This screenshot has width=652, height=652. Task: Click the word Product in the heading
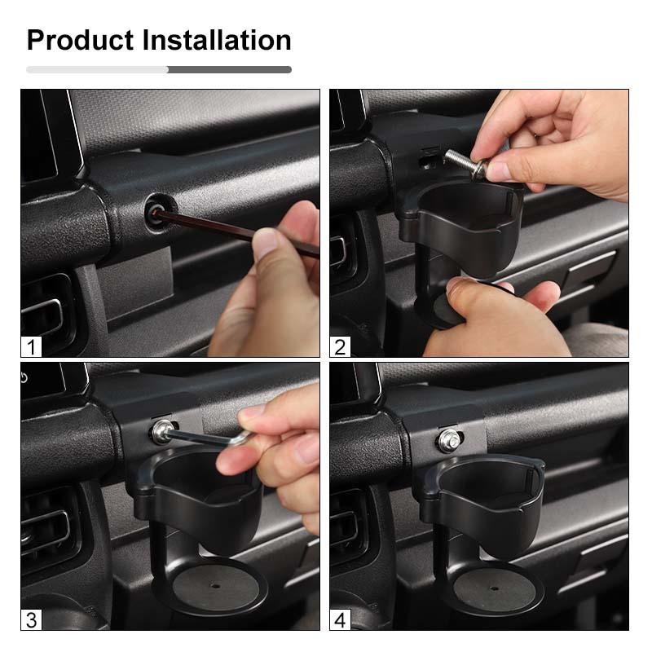81,40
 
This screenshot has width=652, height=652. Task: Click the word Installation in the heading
217,40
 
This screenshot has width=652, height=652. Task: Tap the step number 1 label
31,347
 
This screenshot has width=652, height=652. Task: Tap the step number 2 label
340,347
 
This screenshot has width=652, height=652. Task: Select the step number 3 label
31,620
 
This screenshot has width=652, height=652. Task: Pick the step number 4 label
340,620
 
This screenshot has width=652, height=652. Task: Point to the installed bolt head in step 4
450,440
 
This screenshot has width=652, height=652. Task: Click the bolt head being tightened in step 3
162,432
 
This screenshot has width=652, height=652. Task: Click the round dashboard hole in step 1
158,210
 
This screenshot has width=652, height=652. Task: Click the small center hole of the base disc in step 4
494,588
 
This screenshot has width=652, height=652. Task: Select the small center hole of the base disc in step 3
215,586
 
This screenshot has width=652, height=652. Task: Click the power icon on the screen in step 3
24,377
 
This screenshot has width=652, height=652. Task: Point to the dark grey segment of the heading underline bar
230,70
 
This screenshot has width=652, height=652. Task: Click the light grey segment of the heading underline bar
97,70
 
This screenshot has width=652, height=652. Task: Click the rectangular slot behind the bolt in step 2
429,158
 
